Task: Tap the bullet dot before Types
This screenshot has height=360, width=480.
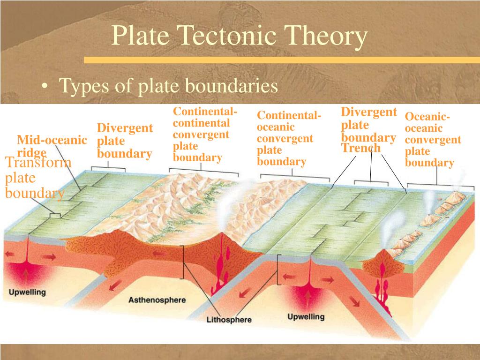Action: tap(45, 86)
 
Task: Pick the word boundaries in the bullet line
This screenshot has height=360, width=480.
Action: tap(232, 85)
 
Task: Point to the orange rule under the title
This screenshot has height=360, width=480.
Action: tap(282, 60)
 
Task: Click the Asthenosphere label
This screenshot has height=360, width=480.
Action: tap(157, 300)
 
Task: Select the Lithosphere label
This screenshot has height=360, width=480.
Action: tap(229, 320)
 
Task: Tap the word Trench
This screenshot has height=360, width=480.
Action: tap(361, 148)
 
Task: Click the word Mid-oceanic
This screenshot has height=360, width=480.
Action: tap(52, 140)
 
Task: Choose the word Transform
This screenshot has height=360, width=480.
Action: tap(38, 162)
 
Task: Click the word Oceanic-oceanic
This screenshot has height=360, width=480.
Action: tap(427, 122)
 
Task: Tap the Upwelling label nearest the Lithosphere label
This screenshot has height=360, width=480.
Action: tap(306, 316)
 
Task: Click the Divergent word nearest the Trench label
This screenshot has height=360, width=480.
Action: tap(369, 112)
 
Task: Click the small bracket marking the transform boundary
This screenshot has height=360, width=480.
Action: tap(55, 215)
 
